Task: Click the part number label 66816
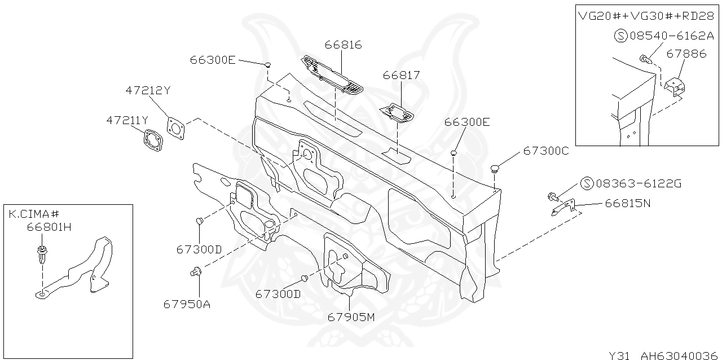[x=343, y=45]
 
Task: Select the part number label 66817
[x=401, y=75]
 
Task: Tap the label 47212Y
[x=148, y=90]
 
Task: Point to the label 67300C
[x=546, y=151]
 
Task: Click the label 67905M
[x=351, y=317]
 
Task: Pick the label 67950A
[x=187, y=304]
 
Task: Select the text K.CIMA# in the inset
[x=34, y=214]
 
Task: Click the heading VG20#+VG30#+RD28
[x=646, y=16]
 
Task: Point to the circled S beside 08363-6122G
[x=587, y=183]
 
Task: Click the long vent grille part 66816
[x=332, y=76]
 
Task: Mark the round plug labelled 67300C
[x=496, y=168]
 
